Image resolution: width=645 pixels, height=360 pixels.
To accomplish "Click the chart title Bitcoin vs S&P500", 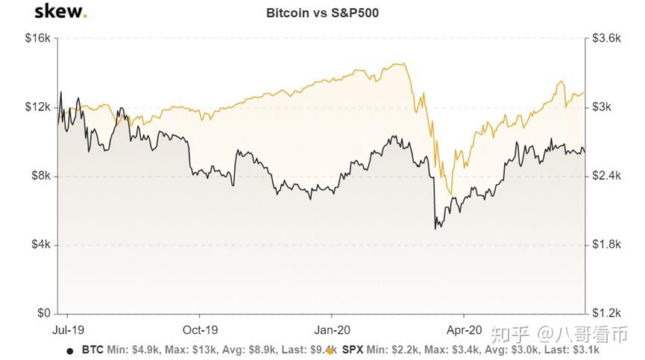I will [322, 13].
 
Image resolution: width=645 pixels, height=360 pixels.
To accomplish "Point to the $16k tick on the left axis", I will [37, 38].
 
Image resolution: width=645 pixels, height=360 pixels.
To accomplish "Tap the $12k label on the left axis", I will [37, 107].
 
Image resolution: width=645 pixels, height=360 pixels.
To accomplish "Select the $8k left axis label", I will [39, 176].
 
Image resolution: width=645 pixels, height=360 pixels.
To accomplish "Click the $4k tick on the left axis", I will [39, 244].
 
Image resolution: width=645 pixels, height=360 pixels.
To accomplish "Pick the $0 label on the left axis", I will [43, 313].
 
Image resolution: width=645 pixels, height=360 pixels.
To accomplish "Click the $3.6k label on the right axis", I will [605, 38].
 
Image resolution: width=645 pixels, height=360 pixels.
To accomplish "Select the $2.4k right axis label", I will [605, 176].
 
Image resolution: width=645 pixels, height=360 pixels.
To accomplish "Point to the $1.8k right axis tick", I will [605, 244].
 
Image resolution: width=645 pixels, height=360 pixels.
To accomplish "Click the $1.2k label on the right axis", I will [605, 313].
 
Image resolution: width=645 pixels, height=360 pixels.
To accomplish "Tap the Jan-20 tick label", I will [333, 329].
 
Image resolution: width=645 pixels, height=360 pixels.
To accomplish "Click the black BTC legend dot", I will [70, 350].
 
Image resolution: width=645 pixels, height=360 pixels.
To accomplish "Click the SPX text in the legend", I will [352, 349].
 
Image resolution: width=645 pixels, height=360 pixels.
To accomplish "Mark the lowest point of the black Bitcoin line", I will [435, 228].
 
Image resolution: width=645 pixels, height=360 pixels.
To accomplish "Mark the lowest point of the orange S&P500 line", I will [450, 195].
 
